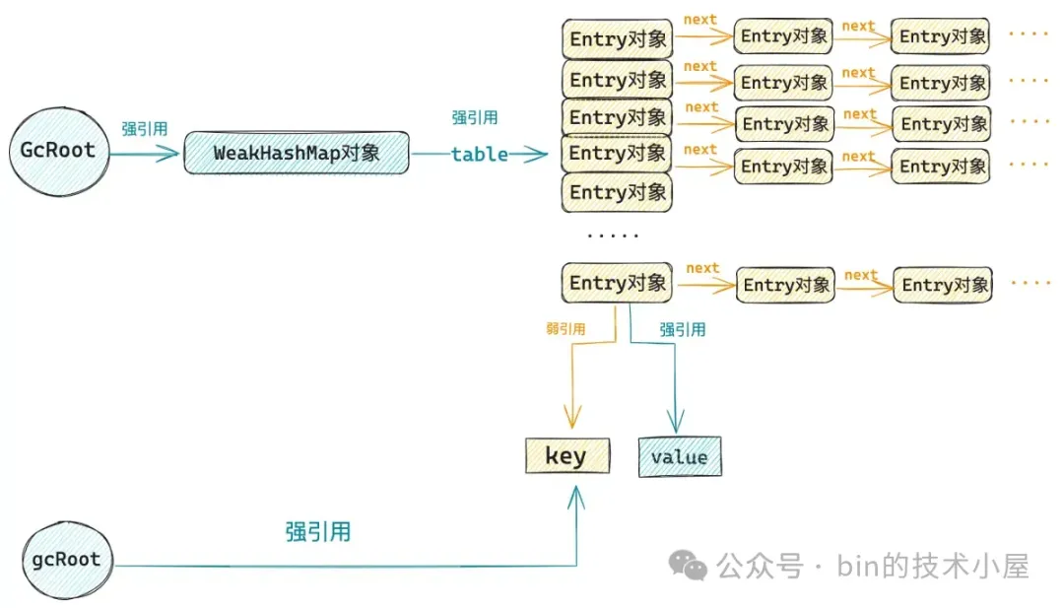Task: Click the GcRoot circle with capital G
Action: pyautogui.click(x=59, y=152)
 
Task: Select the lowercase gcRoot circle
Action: pyautogui.click(x=67, y=560)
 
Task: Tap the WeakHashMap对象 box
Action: pyautogui.click(x=297, y=153)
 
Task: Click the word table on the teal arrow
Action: pyautogui.click(x=479, y=155)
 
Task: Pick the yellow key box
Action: pyautogui.click(x=567, y=456)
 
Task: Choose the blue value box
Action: pyautogui.click(x=679, y=456)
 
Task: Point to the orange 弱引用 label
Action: pyautogui.click(x=565, y=329)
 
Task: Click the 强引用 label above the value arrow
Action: pyautogui.click(x=683, y=330)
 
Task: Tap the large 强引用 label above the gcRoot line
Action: pyautogui.click(x=317, y=531)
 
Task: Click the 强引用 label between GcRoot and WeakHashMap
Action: pyautogui.click(x=145, y=129)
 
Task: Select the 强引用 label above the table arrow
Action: pyautogui.click(x=475, y=117)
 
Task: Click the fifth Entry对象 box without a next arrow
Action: pyautogui.click(x=617, y=193)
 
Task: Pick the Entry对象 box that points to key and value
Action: pyautogui.click(x=617, y=282)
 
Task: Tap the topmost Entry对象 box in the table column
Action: pyautogui.click(x=617, y=38)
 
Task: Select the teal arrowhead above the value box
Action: pyautogui.click(x=675, y=421)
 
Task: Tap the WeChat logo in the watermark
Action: pyautogui.click(x=688, y=566)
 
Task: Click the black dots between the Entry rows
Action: pyautogui.click(x=613, y=236)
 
